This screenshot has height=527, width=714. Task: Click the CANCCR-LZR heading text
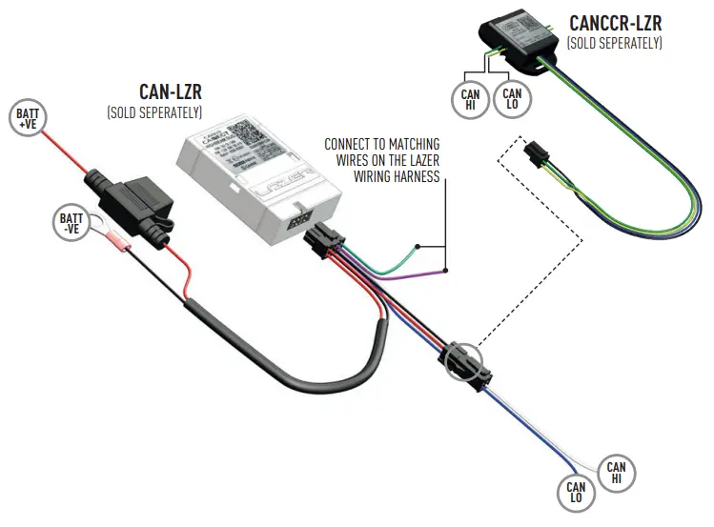tap(614, 22)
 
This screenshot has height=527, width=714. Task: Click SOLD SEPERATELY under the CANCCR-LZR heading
tap(614, 43)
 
